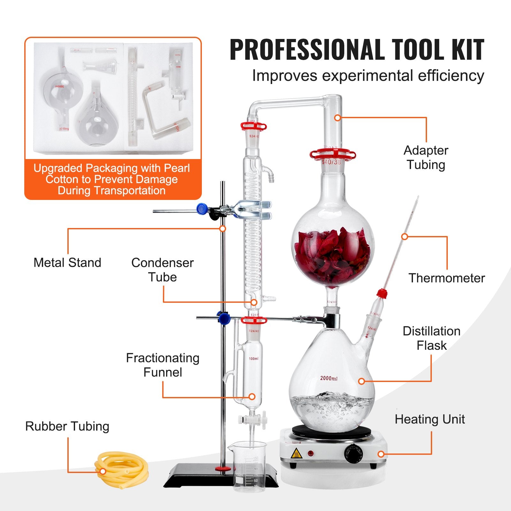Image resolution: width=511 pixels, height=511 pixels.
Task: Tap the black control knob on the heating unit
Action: [353, 454]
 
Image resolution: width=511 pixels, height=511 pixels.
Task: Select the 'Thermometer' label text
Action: [446, 278]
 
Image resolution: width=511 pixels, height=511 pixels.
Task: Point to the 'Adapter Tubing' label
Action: [426, 157]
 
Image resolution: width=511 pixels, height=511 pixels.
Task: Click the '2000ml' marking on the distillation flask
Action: [329, 378]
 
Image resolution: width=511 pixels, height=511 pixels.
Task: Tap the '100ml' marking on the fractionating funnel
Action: [254, 359]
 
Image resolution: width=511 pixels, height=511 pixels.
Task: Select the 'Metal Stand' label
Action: [67, 263]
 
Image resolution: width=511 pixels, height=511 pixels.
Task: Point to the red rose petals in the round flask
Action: [332, 256]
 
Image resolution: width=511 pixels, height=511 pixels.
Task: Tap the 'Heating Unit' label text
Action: [430, 419]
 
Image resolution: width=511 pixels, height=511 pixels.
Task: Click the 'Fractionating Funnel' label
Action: [163, 365]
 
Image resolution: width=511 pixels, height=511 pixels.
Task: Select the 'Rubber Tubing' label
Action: [67, 426]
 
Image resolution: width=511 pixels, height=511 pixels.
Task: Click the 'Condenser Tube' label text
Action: [162, 270]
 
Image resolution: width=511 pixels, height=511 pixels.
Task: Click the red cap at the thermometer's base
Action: [382, 293]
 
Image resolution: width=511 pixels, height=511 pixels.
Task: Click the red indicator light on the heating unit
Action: [310, 453]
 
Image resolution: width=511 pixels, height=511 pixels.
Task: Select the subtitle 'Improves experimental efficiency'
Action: [368, 76]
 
